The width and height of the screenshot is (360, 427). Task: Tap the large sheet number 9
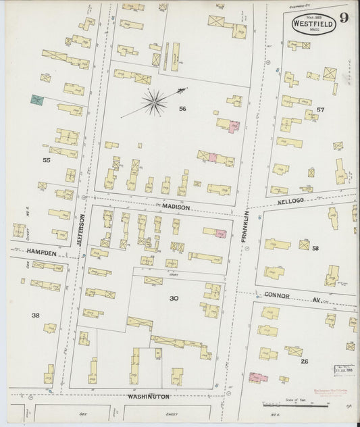tap(344, 18)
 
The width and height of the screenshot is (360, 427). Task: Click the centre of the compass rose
tap(155, 102)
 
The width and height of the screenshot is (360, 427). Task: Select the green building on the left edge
tap(36, 100)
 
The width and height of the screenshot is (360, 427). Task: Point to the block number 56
tap(182, 109)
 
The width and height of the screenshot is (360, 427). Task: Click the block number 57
tap(320, 109)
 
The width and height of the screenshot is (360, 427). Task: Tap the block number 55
tap(46, 160)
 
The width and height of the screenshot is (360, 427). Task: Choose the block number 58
tap(315, 249)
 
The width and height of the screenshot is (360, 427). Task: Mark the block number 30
tap(174, 297)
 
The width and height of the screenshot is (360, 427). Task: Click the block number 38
tap(35, 315)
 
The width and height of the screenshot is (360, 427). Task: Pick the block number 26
tap(304, 361)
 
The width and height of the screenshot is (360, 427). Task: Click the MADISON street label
tap(176, 207)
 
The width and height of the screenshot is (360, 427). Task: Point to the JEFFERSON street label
tap(82, 230)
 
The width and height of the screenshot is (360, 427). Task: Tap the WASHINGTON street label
tap(149, 397)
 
